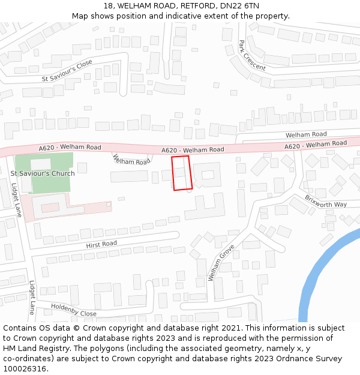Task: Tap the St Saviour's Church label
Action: tap(43, 173)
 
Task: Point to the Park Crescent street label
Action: tap(251, 55)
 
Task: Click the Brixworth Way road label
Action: tap(326, 200)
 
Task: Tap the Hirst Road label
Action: tap(101, 244)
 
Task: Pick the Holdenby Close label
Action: tap(73, 310)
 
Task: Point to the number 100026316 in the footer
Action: tap(25, 369)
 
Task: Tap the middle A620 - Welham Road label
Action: tap(193, 149)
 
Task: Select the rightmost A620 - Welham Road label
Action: tap(315, 145)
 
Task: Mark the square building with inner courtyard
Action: tap(208, 175)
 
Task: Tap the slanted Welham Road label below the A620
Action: tap(131, 160)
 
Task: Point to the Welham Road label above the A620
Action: tap(306, 134)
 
